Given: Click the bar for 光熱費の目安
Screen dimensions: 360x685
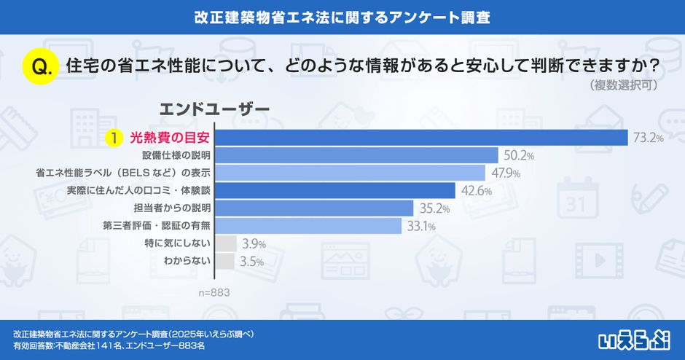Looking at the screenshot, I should (x=421, y=137).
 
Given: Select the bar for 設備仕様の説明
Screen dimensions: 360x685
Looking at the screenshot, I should (x=356, y=155).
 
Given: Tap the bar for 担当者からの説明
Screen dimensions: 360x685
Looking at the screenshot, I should (x=314, y=208).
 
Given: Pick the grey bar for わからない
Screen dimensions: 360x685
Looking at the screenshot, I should (x=225, y=261).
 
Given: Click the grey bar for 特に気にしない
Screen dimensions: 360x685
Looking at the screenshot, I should (x=226, y=243).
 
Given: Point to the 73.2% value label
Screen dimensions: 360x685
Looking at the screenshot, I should (x=648, y=138).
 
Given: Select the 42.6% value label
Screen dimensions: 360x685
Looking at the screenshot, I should (x=475, y=191).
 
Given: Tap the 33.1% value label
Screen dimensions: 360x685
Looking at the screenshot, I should (x=421, y=226).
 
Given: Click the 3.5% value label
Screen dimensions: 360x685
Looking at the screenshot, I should (x=251, y=262).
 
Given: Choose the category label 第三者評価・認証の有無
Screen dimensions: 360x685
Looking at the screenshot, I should (x=157, y=226).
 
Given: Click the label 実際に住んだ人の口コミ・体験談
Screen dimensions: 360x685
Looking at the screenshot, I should (x=138, y=191).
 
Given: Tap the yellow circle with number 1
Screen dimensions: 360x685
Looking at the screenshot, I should (x=114, y=137).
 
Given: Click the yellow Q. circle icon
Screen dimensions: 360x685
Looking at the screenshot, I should (x=41, y=67).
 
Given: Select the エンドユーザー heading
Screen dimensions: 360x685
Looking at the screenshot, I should (x=214, y=108).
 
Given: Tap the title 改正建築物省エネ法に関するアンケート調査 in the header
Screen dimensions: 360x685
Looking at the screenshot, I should (x=342, y=17).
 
